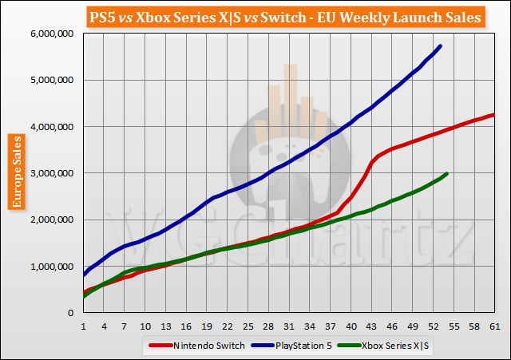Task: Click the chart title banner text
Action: (x=255, y=16)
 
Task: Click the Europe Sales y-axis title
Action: (x=15, y=172)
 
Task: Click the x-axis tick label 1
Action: (x=83, y=327)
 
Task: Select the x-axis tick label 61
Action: (x=494, y=327)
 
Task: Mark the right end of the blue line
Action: (x=441, y=46)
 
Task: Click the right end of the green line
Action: (x=447, y=173)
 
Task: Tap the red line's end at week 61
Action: (x=494, y=114)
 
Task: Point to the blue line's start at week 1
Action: (x=83, y=275)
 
